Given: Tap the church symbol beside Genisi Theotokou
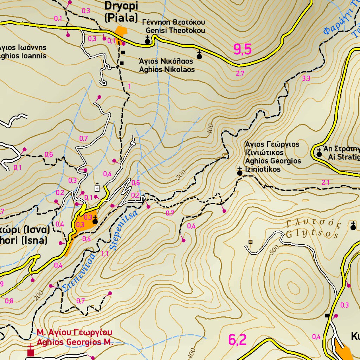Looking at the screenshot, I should click(148, 41).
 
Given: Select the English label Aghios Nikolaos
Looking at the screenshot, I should click(167, 70).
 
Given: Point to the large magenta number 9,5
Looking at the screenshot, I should click(243, 50).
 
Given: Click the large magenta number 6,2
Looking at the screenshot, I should click(237, 340).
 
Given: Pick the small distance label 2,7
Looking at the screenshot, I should click(240, 73).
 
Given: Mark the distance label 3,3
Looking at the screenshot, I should click(306, 78).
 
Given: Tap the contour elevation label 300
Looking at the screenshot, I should click(181, 174).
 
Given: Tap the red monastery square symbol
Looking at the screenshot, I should click(31, 352).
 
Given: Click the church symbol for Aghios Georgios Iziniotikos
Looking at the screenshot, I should click(240, 172).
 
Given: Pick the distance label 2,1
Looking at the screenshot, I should click(326, 182).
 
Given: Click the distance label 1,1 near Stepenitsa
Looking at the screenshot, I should click(105, 254).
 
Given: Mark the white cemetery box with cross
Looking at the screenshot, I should click(97, 188).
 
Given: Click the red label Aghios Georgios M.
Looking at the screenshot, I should click(75, 342).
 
